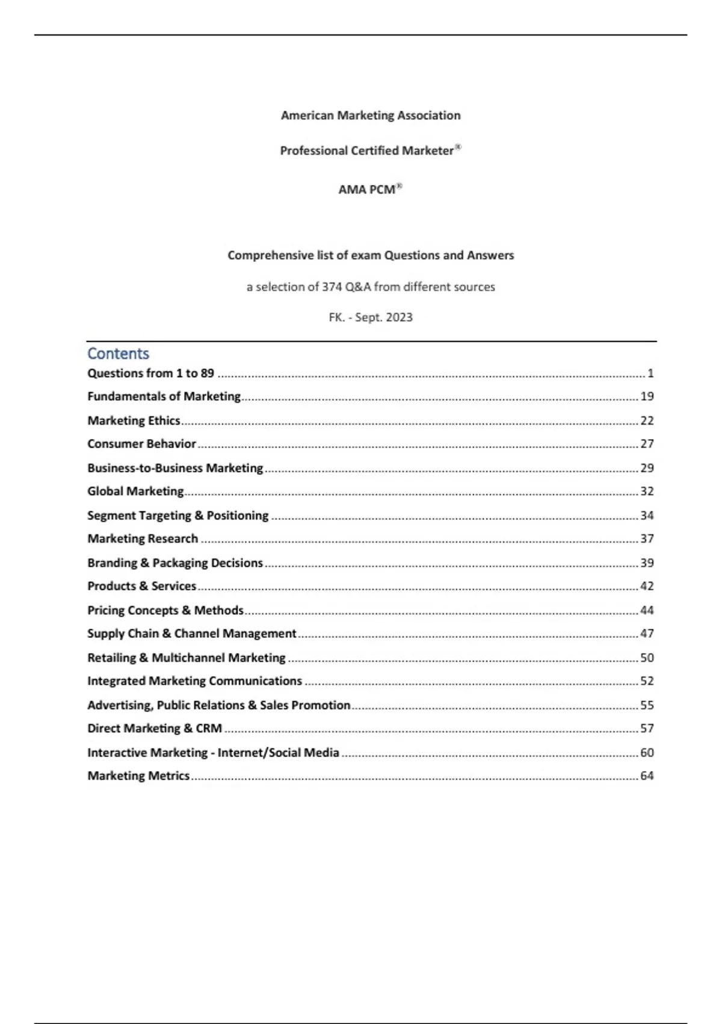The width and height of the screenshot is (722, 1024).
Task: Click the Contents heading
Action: (x=118, y=354)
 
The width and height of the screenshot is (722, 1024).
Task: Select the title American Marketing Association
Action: (x=371, y=115)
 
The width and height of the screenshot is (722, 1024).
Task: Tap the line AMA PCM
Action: (x=369, y=189)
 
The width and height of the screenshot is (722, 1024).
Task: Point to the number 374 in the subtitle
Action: (x=332, y=287)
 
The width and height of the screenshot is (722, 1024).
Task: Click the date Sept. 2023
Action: (x=384, y=317)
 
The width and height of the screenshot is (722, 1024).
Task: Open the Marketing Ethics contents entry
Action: (x=134, y=420)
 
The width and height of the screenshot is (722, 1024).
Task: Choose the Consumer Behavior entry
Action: (x=141, y=444)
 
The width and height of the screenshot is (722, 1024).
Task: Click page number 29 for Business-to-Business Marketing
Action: (x=647, y=468)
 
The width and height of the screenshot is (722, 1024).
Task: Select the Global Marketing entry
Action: (x=135, y=492)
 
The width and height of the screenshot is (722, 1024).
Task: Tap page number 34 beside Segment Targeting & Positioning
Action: (x=647, y=516)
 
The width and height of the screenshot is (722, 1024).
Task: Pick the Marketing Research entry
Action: (x=143, y=539)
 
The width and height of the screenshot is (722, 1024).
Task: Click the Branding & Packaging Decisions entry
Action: (x=175, y=563)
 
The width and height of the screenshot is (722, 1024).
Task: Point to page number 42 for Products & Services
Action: (x=647, y=586)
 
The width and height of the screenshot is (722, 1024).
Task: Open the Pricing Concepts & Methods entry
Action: (x=165, y=610)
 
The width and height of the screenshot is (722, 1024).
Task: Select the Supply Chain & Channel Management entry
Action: (x=192, y=634)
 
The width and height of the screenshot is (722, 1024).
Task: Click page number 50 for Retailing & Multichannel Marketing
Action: (x=647, y=658)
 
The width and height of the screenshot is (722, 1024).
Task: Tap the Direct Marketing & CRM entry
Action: (x=155, y=728)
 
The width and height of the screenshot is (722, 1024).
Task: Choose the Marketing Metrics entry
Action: (x=138, y=776)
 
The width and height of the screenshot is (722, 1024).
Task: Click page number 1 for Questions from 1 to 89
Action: (x=650, y=373)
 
